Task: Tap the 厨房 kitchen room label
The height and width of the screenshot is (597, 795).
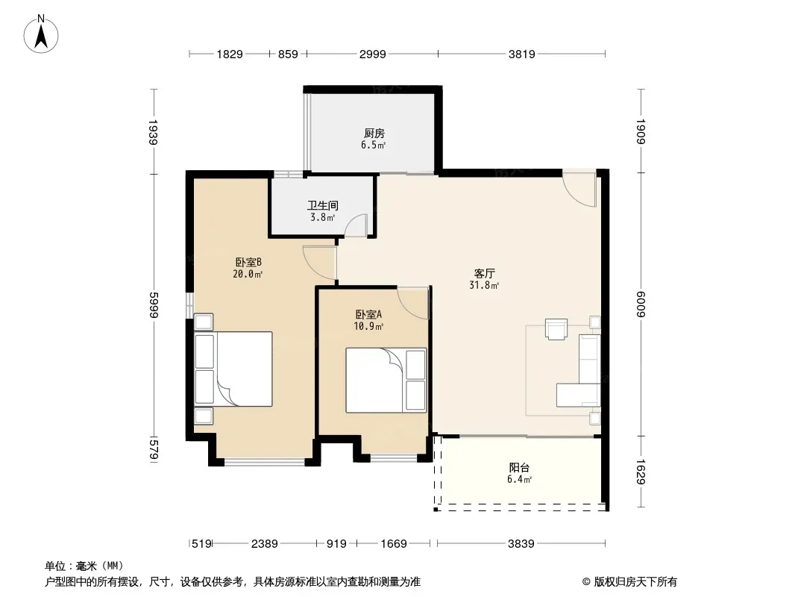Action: [374, 134]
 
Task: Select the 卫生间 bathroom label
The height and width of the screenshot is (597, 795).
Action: [322, 205]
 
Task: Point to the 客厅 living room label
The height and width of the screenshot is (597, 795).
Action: [484, 273]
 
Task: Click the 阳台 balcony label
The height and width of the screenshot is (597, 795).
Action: [519, 468]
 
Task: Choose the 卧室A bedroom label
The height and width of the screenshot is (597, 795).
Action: [368, 314]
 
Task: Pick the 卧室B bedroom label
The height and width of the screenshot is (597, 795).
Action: [248, 262]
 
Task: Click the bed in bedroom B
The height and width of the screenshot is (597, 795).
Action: [233, 369]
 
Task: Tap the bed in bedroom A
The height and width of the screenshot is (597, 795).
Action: [386, 380]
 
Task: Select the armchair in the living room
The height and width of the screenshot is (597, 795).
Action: [556, 328]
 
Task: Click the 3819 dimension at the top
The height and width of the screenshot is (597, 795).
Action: [522, 54]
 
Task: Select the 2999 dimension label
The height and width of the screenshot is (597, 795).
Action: [373, 54]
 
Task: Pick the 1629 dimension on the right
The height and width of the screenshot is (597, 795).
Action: [641, 472]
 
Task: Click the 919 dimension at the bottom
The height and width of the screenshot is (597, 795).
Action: [336, 544]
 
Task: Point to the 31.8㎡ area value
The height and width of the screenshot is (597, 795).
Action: [484, 285]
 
